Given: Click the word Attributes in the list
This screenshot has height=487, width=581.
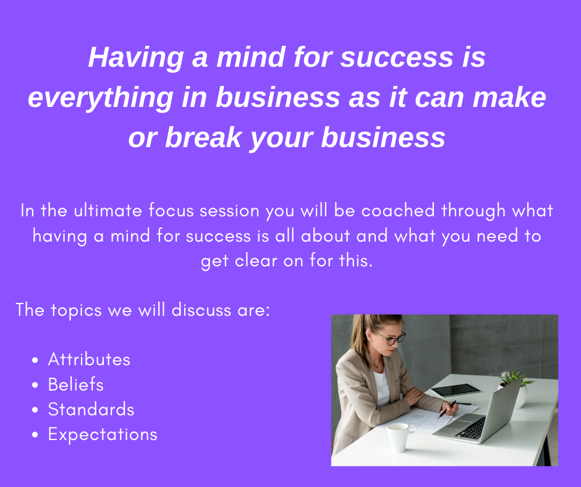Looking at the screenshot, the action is click(x=89, y=359).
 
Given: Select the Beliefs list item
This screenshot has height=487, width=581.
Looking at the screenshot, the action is click(x=75, y=384).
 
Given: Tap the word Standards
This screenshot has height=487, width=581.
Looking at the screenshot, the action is click(x=91, y=409).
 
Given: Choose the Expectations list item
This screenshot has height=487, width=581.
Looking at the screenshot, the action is click(x=103, y=434).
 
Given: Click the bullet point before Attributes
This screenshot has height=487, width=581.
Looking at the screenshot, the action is click(x=35, y=360).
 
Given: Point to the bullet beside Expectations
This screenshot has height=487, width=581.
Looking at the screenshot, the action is click(x=35, y=434).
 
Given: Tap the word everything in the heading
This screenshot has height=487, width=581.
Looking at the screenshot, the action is click(x=101, y=98).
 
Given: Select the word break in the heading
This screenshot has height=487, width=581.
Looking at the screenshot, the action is click(x=203, y=137).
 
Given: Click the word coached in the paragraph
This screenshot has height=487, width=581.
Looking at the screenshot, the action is click(x=398, y=211).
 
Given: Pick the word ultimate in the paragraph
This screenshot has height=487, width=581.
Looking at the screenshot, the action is click(x=108, y=211).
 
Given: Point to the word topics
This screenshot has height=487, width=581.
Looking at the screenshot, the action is click(x=76, y=310).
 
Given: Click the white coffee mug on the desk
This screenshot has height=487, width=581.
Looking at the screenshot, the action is click(x=400, y=438).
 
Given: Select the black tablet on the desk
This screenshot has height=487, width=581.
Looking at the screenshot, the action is click(x=456, y=390).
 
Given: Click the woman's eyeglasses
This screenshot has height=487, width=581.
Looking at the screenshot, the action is click(x=392, y=338).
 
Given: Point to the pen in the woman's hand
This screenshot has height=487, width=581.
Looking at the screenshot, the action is click(x=446, y=410).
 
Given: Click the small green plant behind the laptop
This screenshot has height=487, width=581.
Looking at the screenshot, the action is click(x=515, y=379).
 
